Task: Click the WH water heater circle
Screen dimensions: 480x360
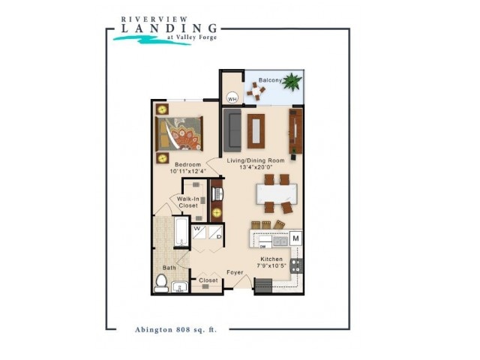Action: (x=232, y=98)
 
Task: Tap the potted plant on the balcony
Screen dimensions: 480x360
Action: (x=292, y=82)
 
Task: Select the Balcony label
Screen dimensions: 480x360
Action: (x=270, y=80)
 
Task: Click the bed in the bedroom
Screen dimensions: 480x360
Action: (x=179, y=133)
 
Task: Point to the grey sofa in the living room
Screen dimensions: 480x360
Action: (x=232, y=130)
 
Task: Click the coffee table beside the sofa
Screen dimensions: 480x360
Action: (x=256, y=131)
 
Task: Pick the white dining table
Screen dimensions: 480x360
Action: (x=277, y=193)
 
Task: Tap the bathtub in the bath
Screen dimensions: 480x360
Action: (x=181, y=232)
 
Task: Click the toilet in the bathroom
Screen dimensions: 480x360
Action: (x=161, y=283)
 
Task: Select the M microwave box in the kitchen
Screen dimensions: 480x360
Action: (x=295, y=238)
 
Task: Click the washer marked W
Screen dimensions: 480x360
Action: (x=199, y=232)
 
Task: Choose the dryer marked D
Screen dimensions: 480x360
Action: (x=215, y=232)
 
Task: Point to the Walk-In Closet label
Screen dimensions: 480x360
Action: (x=188, y=202)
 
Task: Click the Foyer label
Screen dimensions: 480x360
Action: (x=235, y=272)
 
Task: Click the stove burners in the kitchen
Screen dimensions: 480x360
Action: (x=297, y=265)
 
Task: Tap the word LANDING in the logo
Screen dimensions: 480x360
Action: (x=169, y=28)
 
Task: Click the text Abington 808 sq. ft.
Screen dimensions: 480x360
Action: (x=176, y=330)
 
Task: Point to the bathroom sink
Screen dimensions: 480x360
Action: (x=179, y=287)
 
